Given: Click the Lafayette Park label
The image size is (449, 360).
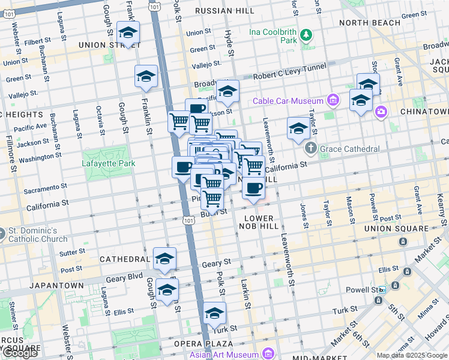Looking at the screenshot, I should coord(109,163).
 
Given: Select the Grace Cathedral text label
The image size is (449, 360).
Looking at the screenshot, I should coord(351,149).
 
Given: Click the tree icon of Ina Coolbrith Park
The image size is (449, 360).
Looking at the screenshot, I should coord(307,35).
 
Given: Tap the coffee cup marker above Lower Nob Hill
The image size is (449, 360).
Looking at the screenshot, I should coord(253,188).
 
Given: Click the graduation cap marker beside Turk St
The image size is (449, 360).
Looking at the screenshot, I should coord(214,313).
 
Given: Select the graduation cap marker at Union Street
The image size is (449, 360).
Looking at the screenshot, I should coord(128,33).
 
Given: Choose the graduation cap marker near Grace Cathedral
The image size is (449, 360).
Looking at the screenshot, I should coord(298,128).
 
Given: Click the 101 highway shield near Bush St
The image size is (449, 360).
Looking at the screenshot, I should coord(189,220).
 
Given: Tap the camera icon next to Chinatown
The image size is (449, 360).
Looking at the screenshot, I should coord(381,112).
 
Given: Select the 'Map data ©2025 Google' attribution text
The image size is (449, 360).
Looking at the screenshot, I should coord(411,355).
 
